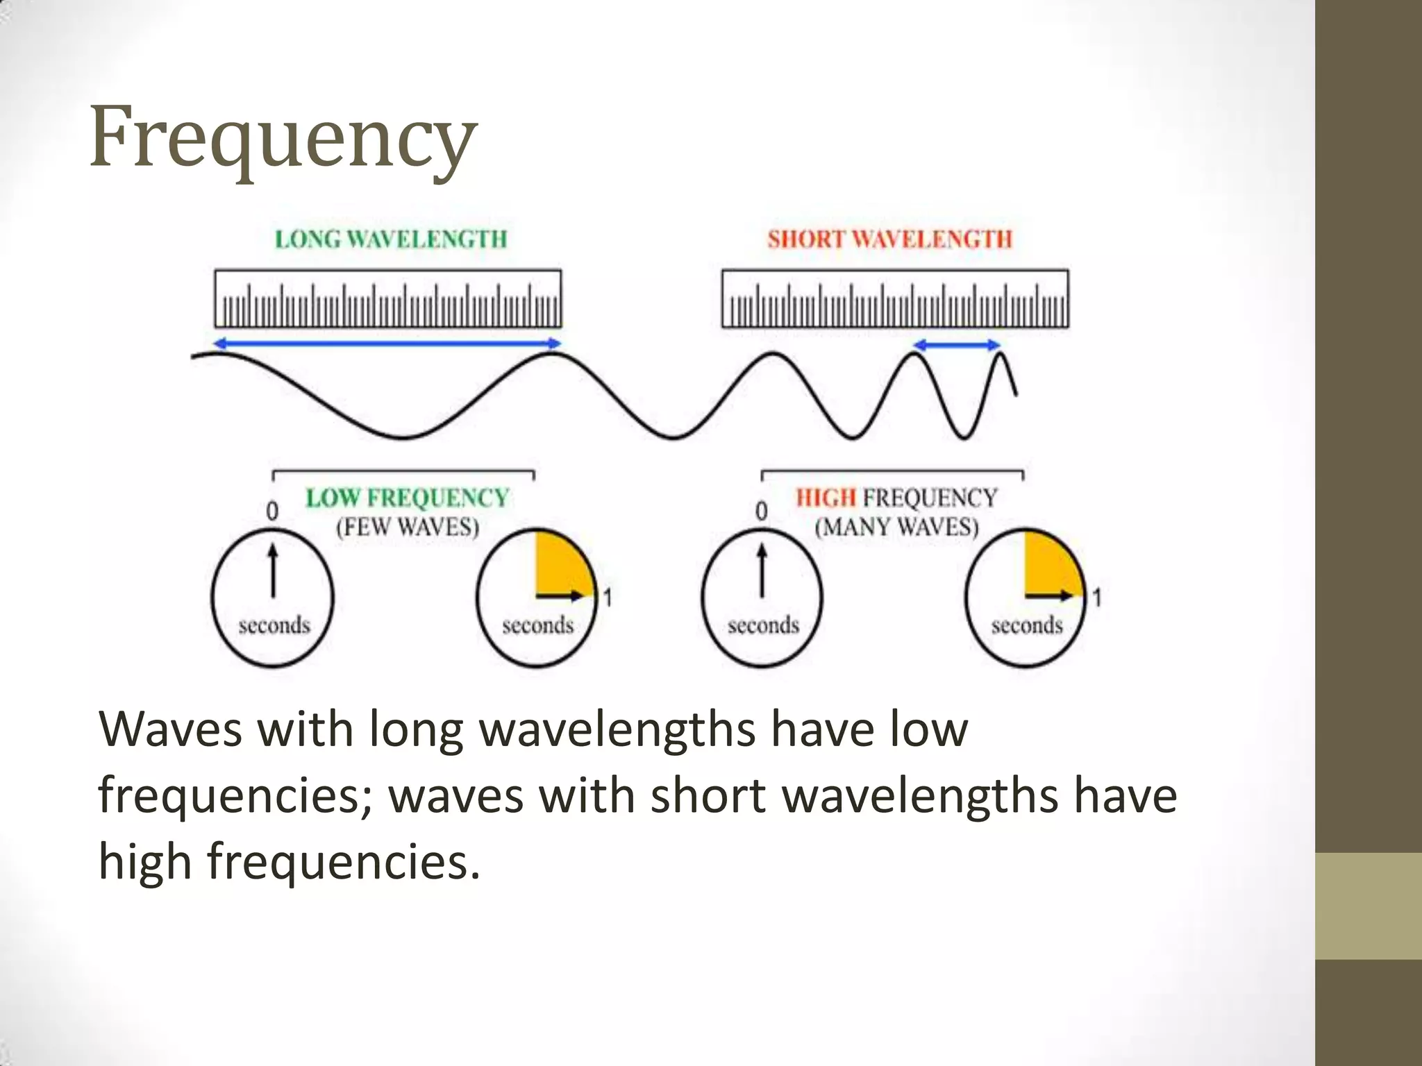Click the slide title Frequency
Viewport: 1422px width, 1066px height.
[x=283, y=136]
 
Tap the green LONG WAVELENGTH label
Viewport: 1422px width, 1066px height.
[x=391, y=239]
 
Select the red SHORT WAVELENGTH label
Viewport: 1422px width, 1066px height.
[x=889, y=239]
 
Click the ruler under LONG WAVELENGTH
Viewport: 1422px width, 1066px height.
[x=387, y=298]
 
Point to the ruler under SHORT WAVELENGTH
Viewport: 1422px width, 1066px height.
[x=895, y=298]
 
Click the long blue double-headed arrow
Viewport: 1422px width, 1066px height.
[x=387, y=343]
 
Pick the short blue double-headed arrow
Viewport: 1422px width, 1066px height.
[x=957, y=345]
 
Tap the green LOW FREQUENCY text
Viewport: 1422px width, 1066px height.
[x=408, y=498]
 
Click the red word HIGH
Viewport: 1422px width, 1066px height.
[x=826, y=498]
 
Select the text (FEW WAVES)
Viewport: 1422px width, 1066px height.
[x=408, y=527]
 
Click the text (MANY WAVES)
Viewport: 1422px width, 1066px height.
[x=896, y=527]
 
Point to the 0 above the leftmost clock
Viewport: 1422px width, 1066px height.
[x=272, y=511]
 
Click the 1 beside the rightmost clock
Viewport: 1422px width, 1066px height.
[x=1096, y=598]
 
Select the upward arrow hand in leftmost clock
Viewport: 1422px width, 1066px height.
[x=273, y=570]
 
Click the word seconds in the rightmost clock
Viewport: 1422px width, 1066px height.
[x=1026, y=625]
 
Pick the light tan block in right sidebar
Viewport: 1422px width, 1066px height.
[x=1369, y=906]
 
